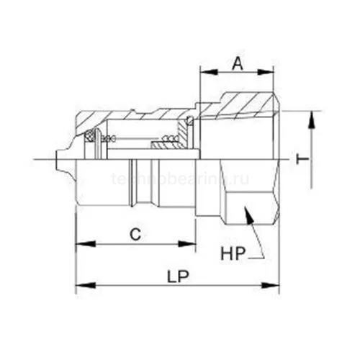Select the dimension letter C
(x=134, y=233)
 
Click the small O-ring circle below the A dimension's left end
(x=189, y=119)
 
